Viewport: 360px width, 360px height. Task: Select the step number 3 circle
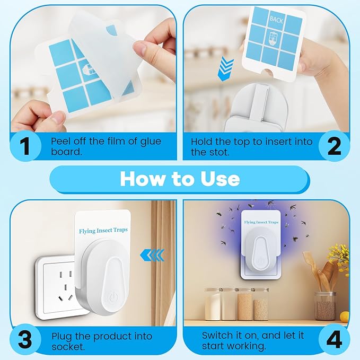[x=25, y=340]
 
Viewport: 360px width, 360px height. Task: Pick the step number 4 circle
[x=334, y=340]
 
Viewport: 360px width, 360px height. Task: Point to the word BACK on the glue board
[x=276, y=19]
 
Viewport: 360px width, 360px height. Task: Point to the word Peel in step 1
[x=62, y=142]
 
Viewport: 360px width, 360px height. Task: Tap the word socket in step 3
[x=67, y=347]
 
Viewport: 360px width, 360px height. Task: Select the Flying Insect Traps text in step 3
[x=103, y=230]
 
